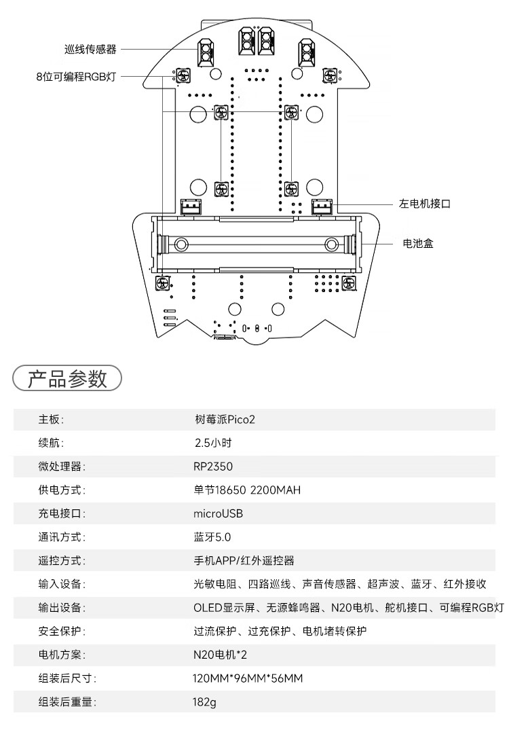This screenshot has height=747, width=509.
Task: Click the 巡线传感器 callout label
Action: point(90,49)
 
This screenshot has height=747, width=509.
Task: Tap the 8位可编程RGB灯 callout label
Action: point(76,77)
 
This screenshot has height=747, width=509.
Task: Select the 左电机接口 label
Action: point(425,204)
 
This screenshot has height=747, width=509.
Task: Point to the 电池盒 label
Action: point(418,243)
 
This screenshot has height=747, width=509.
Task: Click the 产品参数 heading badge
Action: point(67,379)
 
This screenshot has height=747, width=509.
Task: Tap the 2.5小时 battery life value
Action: point(213,443)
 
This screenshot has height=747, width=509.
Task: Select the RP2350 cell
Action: point(213,467)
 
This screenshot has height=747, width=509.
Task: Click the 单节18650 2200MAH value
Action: point(247,490)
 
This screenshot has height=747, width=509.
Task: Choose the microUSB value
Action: point(218,513)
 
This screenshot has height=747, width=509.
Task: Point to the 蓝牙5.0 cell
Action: point(212,537)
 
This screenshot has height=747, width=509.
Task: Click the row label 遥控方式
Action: point(62,561)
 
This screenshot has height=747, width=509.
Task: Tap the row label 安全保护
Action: point(62,632)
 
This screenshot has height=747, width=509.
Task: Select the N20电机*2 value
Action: point(220,655)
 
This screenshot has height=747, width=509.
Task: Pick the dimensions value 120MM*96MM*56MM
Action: point(248,678)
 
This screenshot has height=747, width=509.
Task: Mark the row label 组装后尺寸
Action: point(67,678)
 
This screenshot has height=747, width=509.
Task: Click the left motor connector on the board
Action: point(322,207)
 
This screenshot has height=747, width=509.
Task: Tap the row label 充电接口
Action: point(62,513)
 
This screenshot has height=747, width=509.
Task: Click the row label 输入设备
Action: point(62,584)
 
